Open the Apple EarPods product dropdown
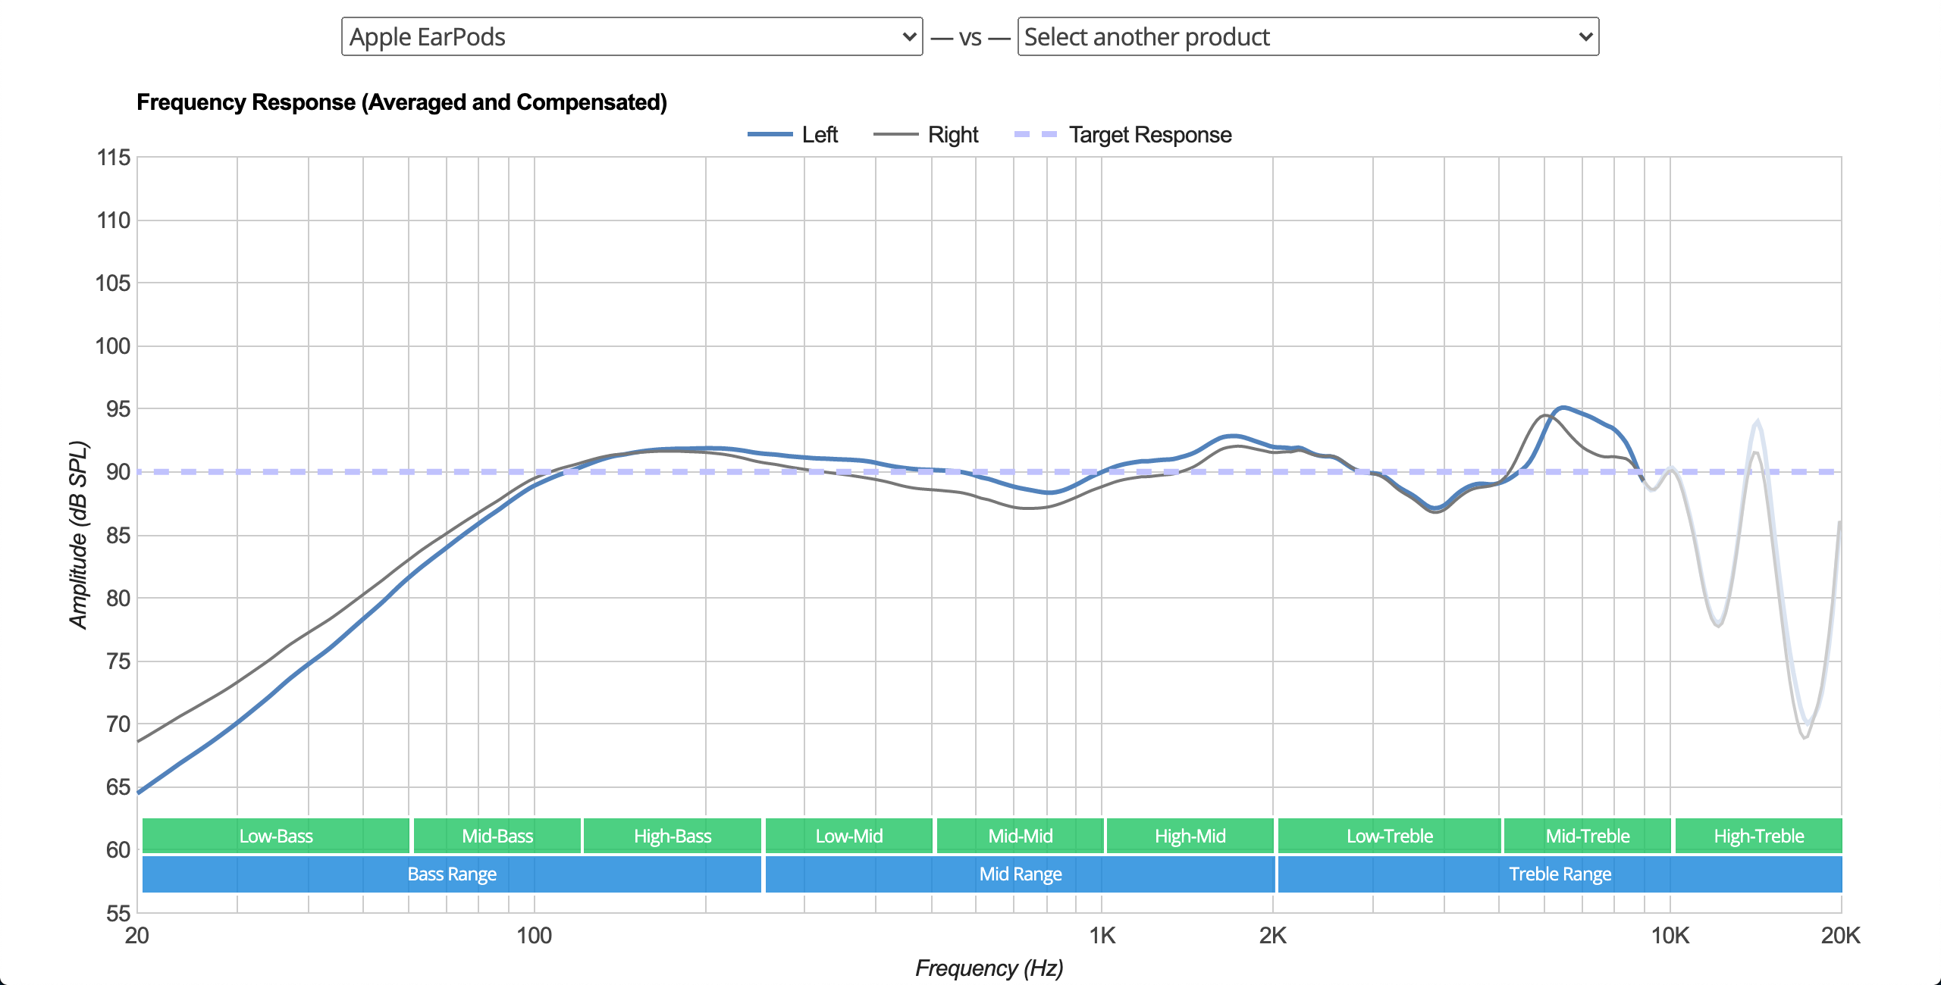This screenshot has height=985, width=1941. [x=632, y=36]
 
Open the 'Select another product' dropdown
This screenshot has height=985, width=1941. [x=1308, y=36]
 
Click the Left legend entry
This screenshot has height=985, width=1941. [x=793, y=135]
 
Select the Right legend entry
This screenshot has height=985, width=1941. [x=927, y=135]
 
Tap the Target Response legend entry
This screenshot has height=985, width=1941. [x=1124, y=135]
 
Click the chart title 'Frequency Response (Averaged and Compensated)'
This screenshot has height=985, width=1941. [x=402, y=102]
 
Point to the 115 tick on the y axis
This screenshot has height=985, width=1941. [x=114, y=158]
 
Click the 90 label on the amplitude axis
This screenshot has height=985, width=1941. [x=118, y=472]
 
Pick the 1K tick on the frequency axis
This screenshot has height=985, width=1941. [x=1102, y=936]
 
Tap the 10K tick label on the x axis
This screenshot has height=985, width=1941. [x=1670, y=936]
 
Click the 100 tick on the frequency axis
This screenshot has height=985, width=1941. [x=534, y=936]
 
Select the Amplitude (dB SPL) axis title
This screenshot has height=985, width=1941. [x=78, y=535]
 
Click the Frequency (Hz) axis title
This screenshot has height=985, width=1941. [x=989, y=968]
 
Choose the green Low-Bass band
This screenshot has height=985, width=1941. [x=276, y=836]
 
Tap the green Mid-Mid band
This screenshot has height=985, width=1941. [x=1021, y=836]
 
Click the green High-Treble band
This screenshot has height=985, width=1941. [x=1759, y=836]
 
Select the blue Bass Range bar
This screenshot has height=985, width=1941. [x=452, y=874]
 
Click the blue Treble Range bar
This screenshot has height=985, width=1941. [x=1560, y=874]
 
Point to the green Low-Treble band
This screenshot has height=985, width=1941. [x=1390, y=836]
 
